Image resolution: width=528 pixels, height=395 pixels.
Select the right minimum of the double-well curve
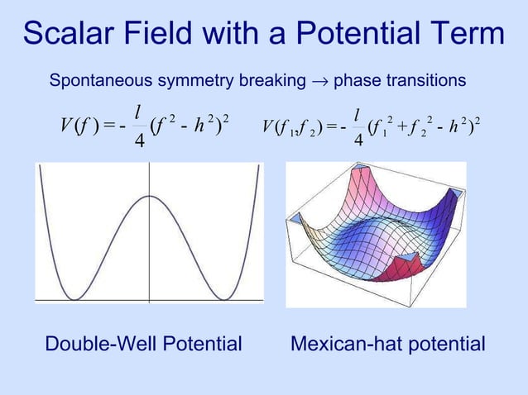(223, 298)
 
